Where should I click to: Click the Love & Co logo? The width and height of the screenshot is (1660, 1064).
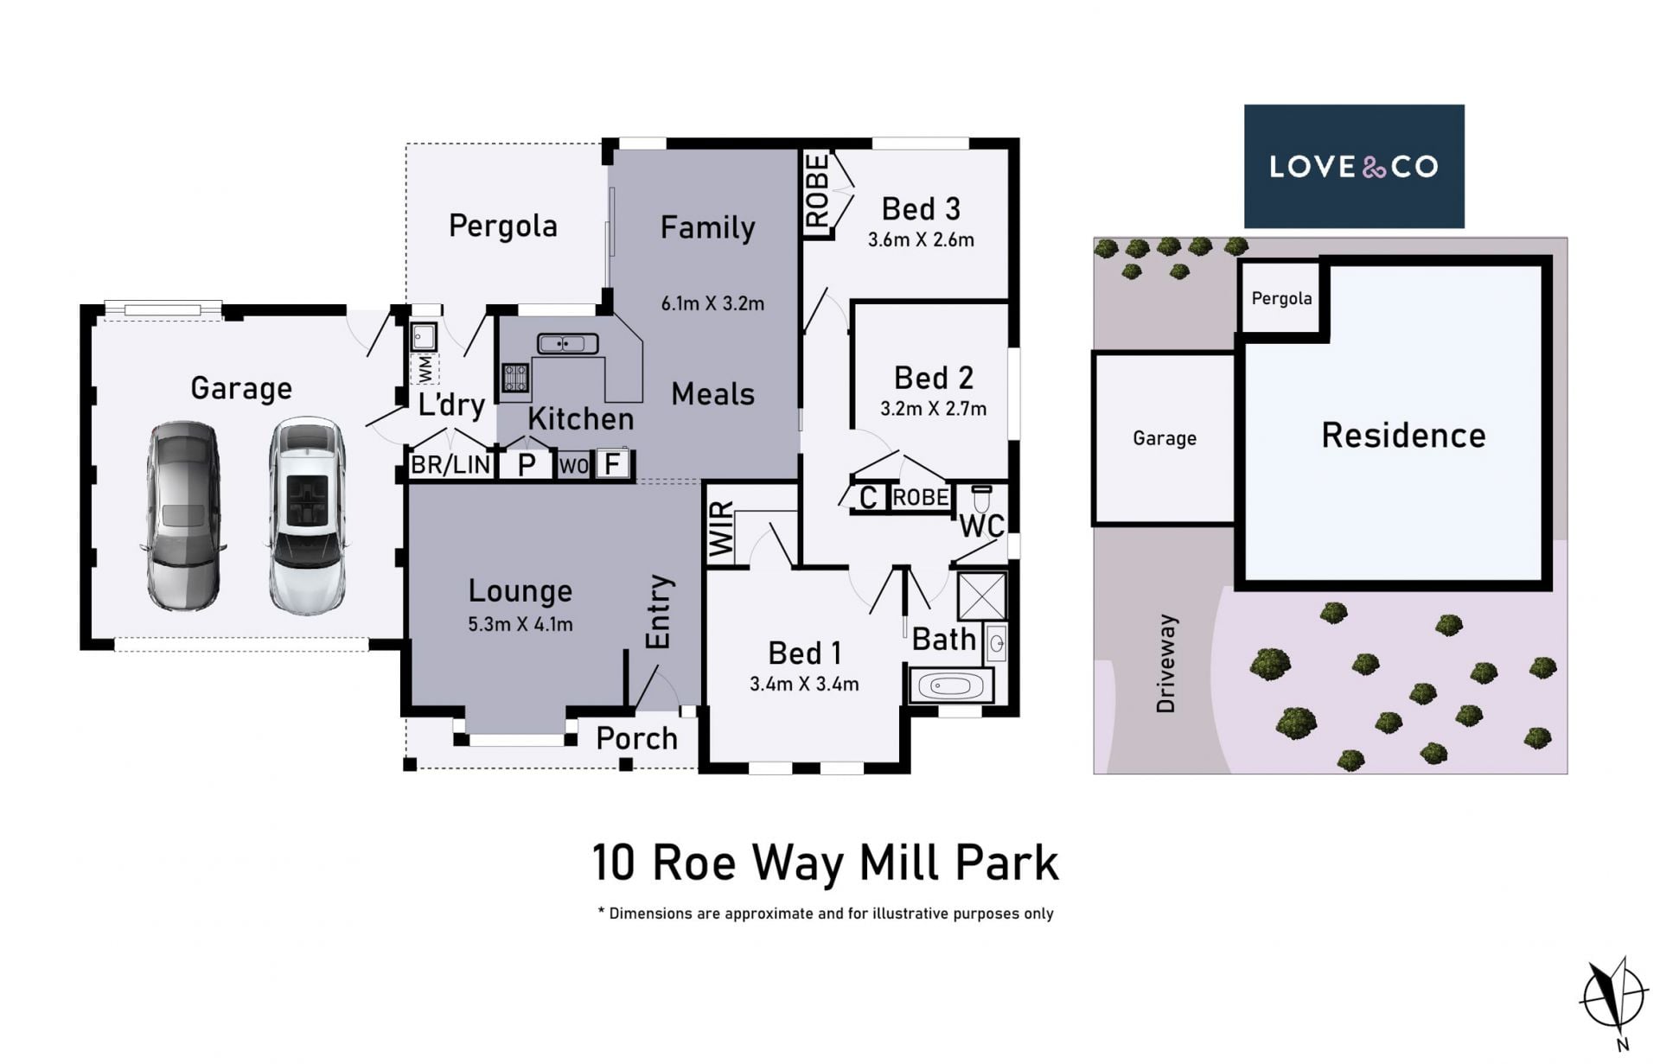[x=1354, y=166]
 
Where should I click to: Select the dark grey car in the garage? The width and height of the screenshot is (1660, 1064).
[x=182, y=516]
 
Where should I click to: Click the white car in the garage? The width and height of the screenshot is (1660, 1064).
[x=307, y=515]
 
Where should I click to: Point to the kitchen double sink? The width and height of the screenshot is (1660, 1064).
[x=567, y=344]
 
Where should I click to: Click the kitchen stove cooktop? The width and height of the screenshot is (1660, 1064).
[x=515, y=379]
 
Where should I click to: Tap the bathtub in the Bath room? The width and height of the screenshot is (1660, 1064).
[x=951, y=686]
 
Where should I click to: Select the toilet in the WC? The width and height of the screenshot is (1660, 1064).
[x=981, y=499]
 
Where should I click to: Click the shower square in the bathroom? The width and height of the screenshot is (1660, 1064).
[x=982, y=596]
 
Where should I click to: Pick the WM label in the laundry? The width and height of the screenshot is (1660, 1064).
[x=425, y=369]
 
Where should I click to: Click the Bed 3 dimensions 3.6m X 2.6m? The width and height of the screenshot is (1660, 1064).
[x=921, y=240]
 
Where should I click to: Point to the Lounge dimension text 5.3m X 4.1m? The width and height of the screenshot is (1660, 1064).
[x=520, y=624]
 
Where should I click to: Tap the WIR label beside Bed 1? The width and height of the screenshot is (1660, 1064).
[x=721, y=529]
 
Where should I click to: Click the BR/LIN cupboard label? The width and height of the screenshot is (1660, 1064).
[x=450, y=465]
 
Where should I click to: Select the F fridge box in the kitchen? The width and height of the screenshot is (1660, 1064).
[x=612, y=464]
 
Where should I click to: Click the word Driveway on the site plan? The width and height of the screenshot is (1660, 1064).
[x=1165, y=664]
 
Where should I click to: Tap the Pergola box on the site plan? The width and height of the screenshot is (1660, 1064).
[x=1281, y=297]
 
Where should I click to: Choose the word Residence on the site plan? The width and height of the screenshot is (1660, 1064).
[x=1403, y=435]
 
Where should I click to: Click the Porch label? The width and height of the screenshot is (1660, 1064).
[x=637, y=738]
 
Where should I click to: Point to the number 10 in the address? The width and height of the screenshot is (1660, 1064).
[x=613, y=863]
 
